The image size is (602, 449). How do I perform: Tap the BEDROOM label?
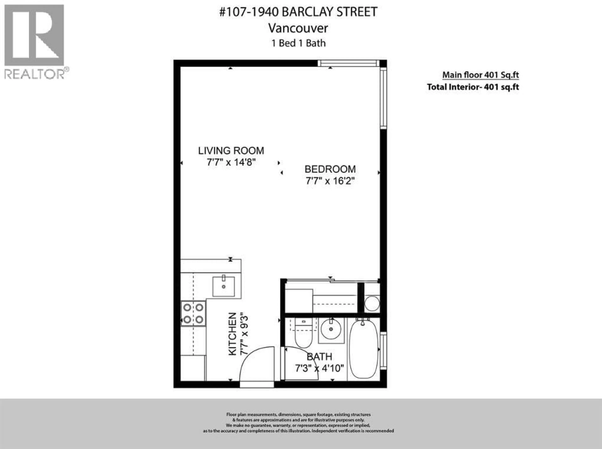330,169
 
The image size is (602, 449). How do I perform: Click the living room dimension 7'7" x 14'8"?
231,162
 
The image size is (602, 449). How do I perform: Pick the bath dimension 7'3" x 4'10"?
319,368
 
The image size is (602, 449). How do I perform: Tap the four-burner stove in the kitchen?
193,313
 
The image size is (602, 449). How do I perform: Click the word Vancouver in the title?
298,28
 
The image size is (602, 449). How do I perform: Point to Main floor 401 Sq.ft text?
481,75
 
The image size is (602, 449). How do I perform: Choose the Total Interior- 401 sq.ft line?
473,87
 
